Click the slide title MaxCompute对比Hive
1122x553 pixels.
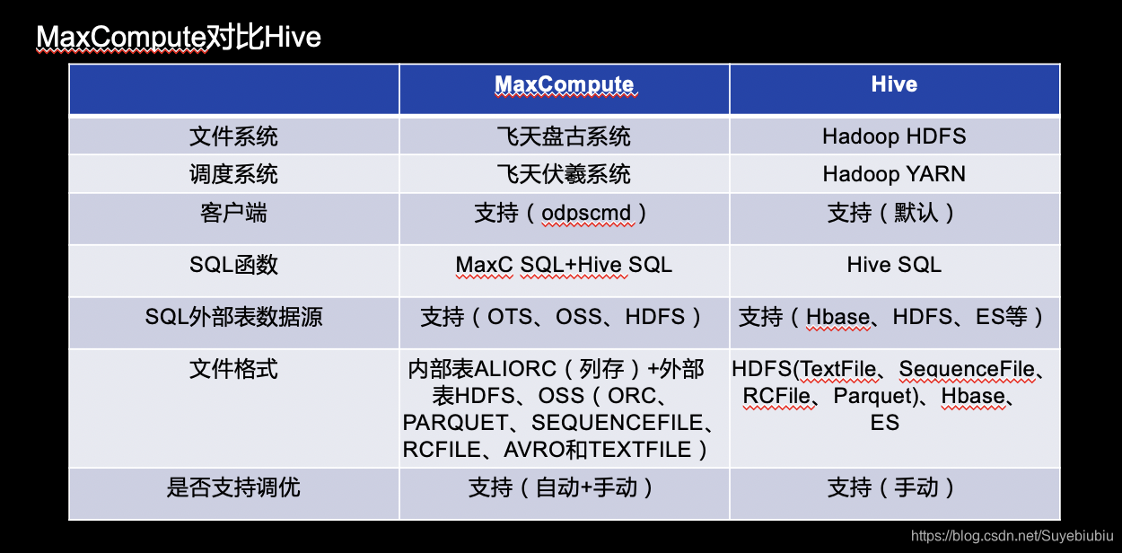[178, 38]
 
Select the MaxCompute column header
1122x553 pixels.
[564, 85]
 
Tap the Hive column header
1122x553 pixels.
[894, 84]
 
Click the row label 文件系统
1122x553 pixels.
[233, 136]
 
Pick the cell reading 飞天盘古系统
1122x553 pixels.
[564, 136]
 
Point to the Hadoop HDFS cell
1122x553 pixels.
[894, 136]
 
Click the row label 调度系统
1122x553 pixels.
[233, 174]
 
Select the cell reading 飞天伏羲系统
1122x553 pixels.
[564, 174]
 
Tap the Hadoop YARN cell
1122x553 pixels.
[894, 174]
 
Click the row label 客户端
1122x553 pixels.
[233, 213]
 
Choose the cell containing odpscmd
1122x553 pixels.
[564, 214]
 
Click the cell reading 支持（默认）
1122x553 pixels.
[894, 214]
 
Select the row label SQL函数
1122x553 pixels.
[233, 265]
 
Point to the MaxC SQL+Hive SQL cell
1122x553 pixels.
[564, 265]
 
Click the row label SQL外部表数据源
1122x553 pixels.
[233, 317]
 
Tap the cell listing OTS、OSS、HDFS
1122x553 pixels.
[564, 317]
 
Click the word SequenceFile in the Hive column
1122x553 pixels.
[972, 369]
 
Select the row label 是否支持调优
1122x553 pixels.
[233, 487]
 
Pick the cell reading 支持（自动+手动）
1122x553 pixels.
[564, 487]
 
